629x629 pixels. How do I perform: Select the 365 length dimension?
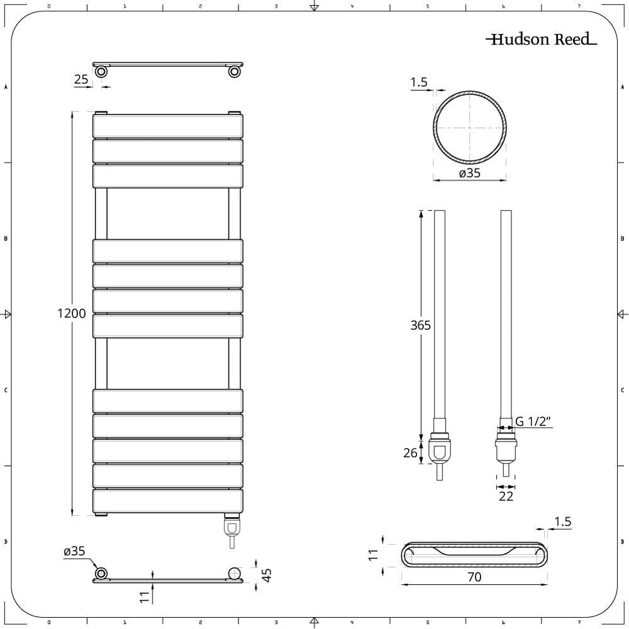tap(420, 325)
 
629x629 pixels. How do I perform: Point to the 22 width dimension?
tap(506, 496)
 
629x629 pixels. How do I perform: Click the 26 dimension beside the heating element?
tap(410, 452)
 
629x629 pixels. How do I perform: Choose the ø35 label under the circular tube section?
tap(469, 173)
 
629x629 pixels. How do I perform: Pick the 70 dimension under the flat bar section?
tap(474, 576)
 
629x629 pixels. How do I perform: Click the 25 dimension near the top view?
tap(81, 79)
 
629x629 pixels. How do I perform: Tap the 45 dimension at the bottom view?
tap(266, 574)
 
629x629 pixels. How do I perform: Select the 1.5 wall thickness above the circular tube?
tap(419, 82)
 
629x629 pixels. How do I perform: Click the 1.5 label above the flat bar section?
tap(564, 521)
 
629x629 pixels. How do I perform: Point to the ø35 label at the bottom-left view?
tap(74, 551)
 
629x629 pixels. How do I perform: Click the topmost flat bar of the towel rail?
tap(168, 126)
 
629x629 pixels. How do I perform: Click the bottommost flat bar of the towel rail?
tap(168, 501)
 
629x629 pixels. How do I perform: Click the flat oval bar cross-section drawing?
tap(474, 555)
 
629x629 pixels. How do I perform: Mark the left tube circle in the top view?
tap(101, 72)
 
